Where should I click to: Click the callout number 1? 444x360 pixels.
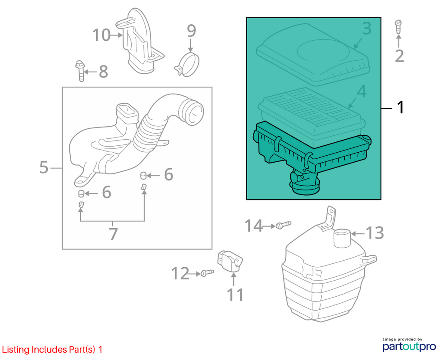[400, 108]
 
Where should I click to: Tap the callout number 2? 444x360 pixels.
[399, 56]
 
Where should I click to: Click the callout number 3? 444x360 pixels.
[367, 29]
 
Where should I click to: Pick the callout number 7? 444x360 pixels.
[113, 234]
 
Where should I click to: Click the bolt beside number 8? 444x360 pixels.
[80, 71]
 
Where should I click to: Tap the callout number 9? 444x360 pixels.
[191, 31]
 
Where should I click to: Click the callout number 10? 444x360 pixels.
[101, 35]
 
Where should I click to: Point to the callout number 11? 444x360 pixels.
[235, 295]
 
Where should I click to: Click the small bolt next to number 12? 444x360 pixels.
[207, 273]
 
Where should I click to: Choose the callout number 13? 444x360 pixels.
[375, 233]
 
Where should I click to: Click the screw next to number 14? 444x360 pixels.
[283, 225]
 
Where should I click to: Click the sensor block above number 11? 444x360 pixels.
[230, 261]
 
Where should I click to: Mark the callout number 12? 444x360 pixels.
[180, 274]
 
